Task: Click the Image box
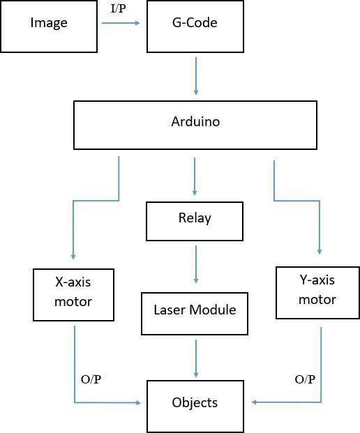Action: click(49, 26)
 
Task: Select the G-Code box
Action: click(195, 26)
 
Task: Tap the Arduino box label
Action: click(195, 122)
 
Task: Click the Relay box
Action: click(195, 221)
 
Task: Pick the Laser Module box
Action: click(195, 314)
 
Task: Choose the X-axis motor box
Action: click(73, 295)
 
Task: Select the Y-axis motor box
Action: click(317, 293)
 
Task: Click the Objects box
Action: click(195, 407)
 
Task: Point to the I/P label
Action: click(119, 8)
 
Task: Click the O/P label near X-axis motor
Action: click(91, 379)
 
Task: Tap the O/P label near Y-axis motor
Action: click(305, 379)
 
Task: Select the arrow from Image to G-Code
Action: click(121, 23)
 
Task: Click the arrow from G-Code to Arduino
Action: click(196, 76)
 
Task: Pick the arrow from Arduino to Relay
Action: click(195, 176)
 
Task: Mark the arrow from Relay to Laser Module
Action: click(196, 264)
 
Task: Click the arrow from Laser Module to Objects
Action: click(196, 358)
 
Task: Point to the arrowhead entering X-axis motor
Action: click(73, 257)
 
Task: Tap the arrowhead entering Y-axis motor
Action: click(320, 251)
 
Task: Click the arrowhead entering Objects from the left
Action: click(138, 402)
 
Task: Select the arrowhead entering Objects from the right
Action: click(255, 402)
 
